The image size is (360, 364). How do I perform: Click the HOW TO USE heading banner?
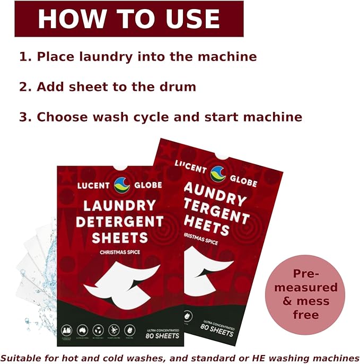pos(129,19)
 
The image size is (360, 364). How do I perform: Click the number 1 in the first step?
pos(23,57)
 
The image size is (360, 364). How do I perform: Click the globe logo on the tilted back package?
pos(218,174)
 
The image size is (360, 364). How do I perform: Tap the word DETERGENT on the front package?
pos(119,221)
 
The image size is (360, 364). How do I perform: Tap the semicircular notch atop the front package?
pos(120,169)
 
